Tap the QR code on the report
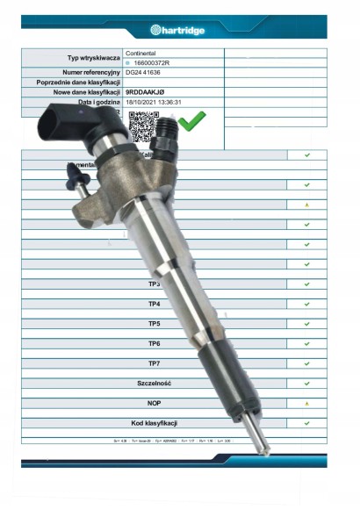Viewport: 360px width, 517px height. click(142, 127)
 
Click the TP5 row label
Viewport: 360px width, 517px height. click(154, 324)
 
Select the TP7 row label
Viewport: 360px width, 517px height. click(154, 363)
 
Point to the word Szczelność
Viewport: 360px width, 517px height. click(154, 384)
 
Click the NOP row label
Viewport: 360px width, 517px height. click(154, 403)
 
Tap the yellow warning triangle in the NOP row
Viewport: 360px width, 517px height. click(306, 403)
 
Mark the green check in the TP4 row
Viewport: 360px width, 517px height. click(306, 304)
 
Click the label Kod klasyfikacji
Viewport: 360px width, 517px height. click(154, 423)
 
